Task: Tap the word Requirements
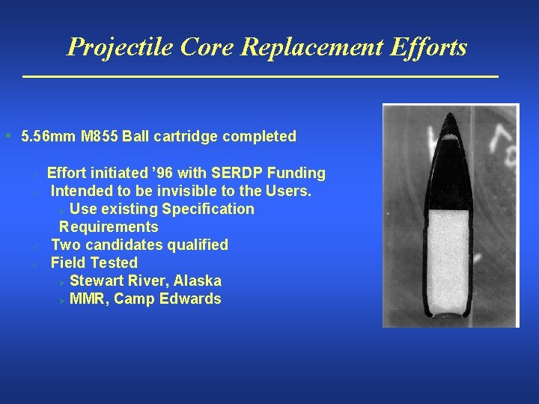109,227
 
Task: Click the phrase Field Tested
94,263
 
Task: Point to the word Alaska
198,281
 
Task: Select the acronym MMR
88,299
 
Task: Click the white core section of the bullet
447,254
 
